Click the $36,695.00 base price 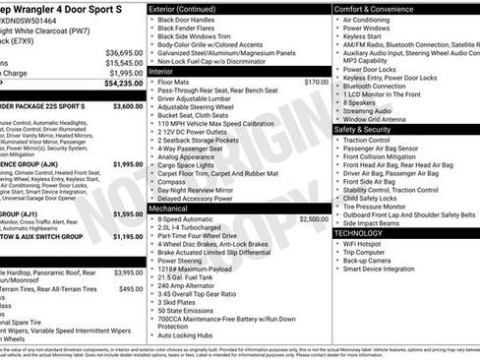tap(124, 52)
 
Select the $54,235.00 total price tap(123, 85)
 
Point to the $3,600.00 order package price tap(128, 105)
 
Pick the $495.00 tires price tap(131, 289)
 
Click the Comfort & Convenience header tap(379, 8)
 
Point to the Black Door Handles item tap(192, 20)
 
